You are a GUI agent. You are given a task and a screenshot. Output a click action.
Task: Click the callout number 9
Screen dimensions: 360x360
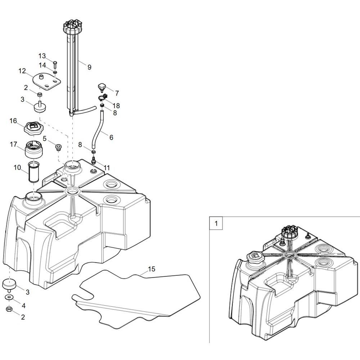[89, 67]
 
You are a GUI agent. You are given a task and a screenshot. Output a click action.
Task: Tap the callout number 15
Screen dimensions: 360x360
[152, 269]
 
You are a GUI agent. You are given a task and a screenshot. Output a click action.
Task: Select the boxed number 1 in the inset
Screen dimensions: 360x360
[216, 223]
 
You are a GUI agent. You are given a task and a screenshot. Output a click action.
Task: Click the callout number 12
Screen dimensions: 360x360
[22, 71]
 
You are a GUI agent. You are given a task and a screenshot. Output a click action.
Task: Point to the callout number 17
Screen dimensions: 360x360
[14, 144]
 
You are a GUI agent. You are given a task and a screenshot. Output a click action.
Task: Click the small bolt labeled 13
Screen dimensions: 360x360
[55, 64]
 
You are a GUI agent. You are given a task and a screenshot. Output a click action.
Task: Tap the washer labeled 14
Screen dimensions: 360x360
[55, 73]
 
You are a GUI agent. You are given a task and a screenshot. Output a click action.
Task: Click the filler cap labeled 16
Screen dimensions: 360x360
[34, 128]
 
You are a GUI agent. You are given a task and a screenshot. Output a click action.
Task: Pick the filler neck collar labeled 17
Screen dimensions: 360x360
[34, 149]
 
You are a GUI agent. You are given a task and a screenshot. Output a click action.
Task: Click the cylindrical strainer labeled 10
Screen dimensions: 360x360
[33, 172]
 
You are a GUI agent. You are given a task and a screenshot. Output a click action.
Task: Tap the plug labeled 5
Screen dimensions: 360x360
[58, 147]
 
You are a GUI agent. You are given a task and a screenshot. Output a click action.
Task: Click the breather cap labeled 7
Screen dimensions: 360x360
[101, 87]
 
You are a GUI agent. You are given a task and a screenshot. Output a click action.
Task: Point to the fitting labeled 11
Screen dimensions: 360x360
[94, 160]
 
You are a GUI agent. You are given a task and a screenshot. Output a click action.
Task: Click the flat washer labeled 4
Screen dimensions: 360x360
[9, 297]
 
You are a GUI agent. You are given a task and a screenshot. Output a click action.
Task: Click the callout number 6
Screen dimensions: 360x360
[111, 137]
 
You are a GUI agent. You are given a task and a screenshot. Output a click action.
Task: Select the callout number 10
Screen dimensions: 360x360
[17, 167]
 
